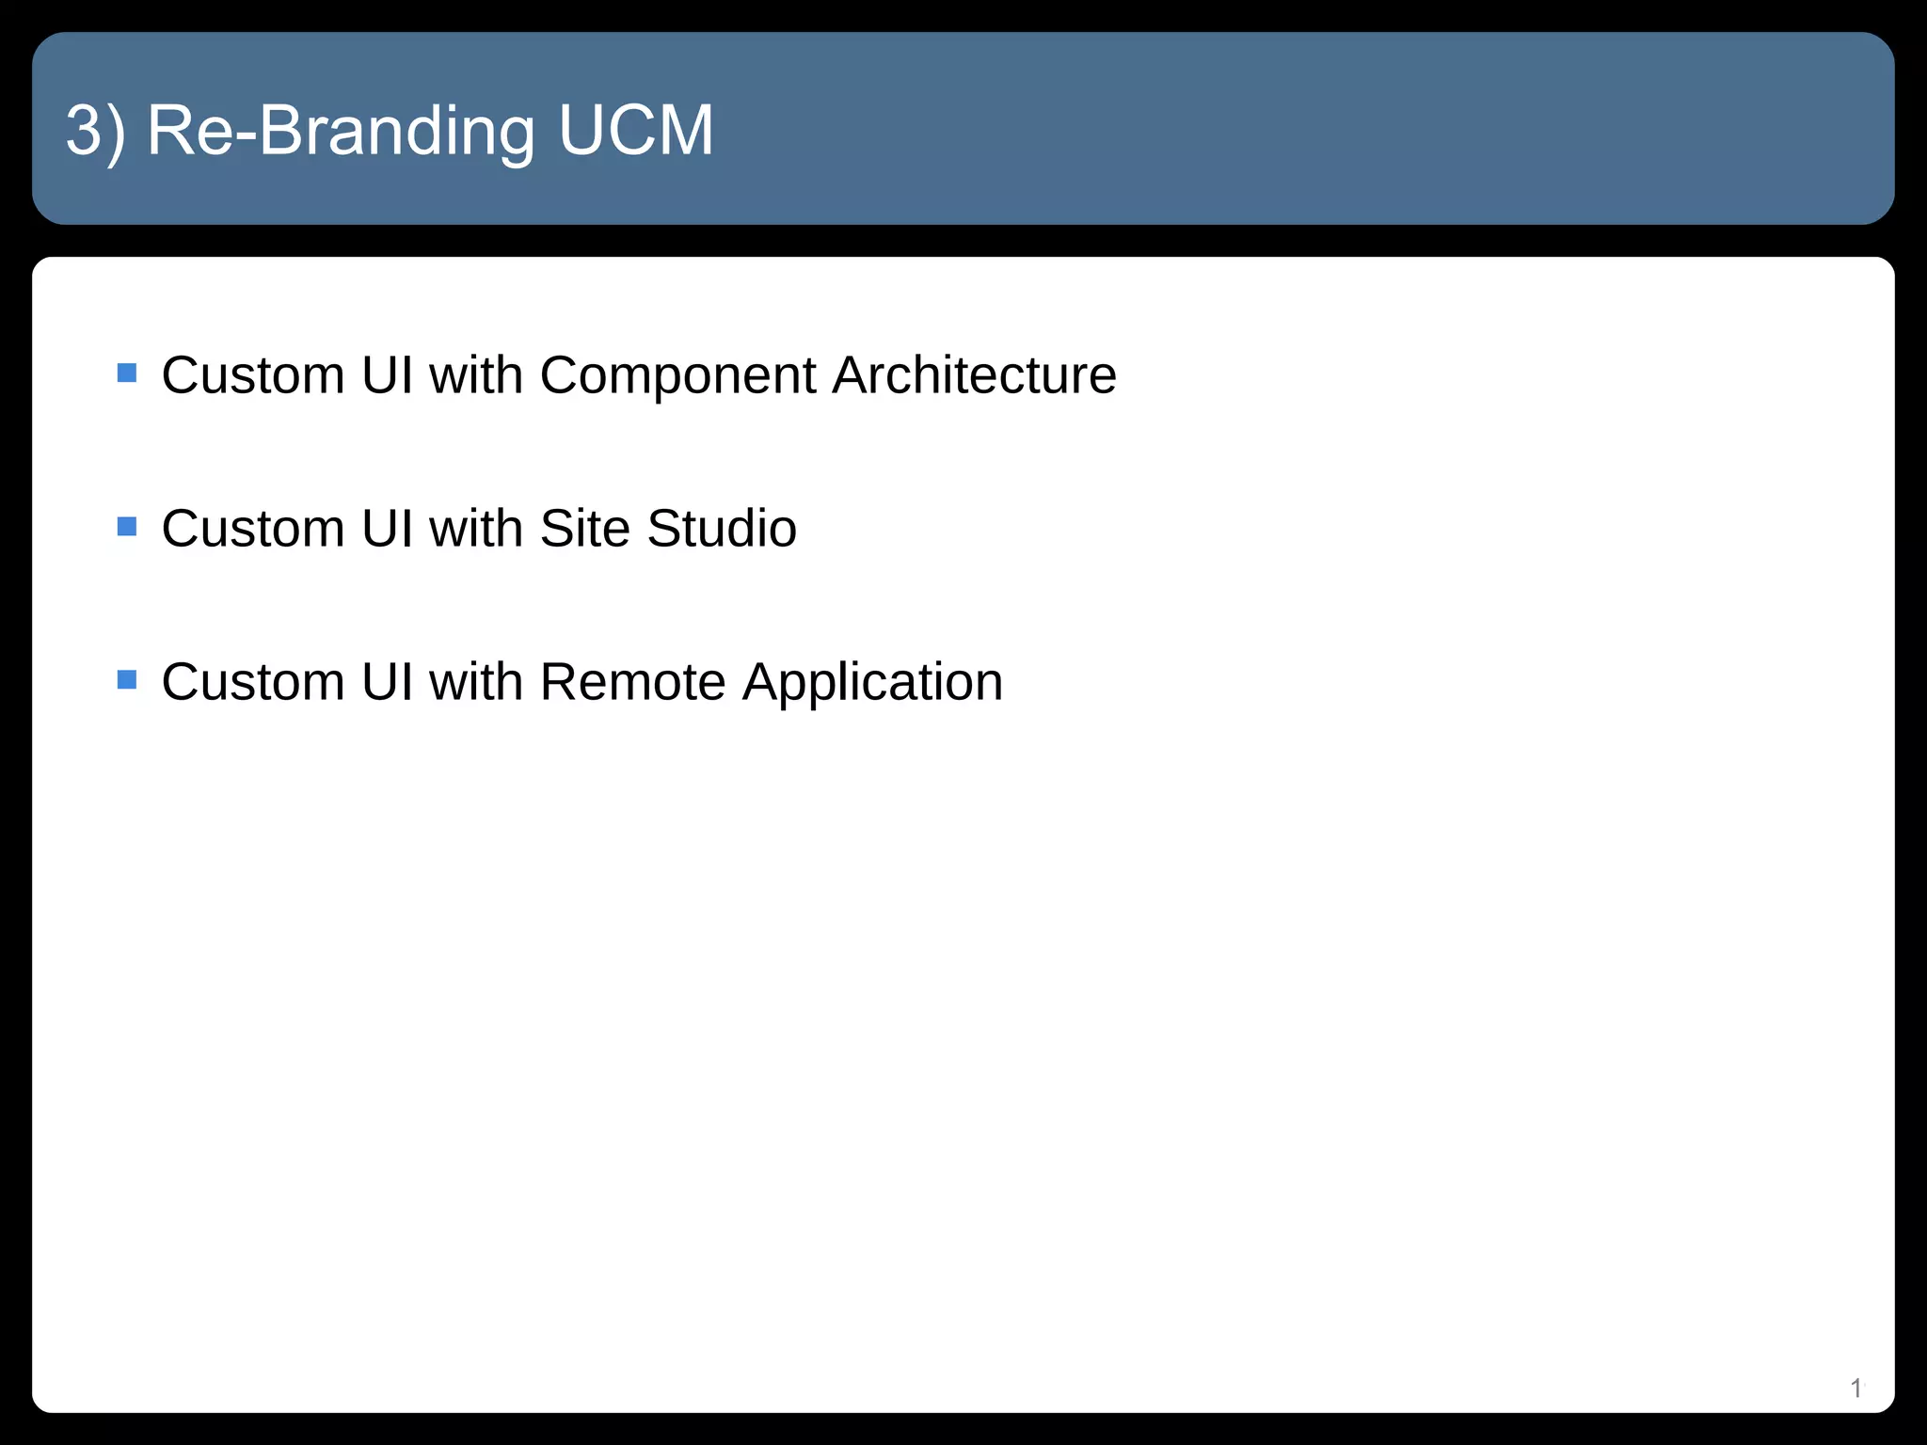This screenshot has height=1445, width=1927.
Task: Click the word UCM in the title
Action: (x=636, y=130)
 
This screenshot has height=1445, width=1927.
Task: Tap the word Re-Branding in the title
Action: (x=342, y=132)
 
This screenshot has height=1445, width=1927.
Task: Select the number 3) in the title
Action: (x=95, y=132)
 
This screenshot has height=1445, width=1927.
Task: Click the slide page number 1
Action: (x=1855, y=1388)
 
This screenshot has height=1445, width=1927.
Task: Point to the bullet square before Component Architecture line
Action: (x=127, y=373)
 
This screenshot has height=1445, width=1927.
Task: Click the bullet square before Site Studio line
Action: (x=127, y=526)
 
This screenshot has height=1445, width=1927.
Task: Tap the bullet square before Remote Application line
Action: (x=127, y=679)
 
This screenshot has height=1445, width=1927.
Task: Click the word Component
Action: (x=677, y=376)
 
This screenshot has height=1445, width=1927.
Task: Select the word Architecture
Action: (x=974, y=374)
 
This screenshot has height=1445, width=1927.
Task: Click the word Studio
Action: (x=722, y=528)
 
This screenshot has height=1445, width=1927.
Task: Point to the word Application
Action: (x=872, y=683)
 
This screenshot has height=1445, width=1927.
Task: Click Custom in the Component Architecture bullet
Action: (x=253, y=374)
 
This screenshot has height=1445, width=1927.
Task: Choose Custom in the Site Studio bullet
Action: (x=253, y=528)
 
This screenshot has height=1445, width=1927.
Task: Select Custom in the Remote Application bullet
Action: (x=253, y=681)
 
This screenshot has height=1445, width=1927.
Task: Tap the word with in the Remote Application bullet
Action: (x=475, y=681)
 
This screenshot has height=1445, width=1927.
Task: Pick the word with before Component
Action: (x=475, y=374)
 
